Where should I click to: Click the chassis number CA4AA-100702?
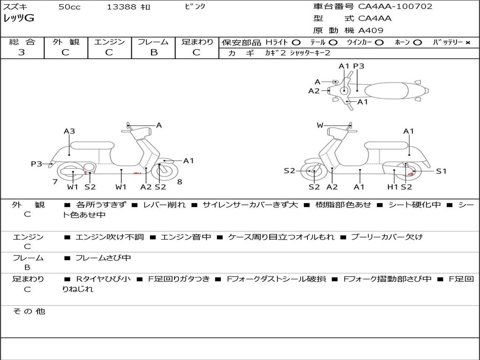click(395, 7)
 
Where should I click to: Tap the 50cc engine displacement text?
click(69, 7)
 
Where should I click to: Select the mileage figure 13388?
click(121, 7)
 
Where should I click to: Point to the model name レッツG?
click(19, 19)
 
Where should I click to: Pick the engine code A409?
click(371, 30)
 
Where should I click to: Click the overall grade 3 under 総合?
click(22, 52)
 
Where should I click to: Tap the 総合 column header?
click(22, 42)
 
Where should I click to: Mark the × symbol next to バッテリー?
click(468, 42)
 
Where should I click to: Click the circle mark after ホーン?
click(417, 42)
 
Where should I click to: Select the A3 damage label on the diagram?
click(69, 131)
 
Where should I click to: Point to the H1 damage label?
click(393, 187)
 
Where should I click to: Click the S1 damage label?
click(442, 171)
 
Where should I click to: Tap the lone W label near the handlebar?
click(320, 125)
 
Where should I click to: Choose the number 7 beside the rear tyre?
click(55, 181)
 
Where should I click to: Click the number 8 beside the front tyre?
click(180, 181)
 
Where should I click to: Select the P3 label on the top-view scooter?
click(359, 66)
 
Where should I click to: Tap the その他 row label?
click(29, 311)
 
